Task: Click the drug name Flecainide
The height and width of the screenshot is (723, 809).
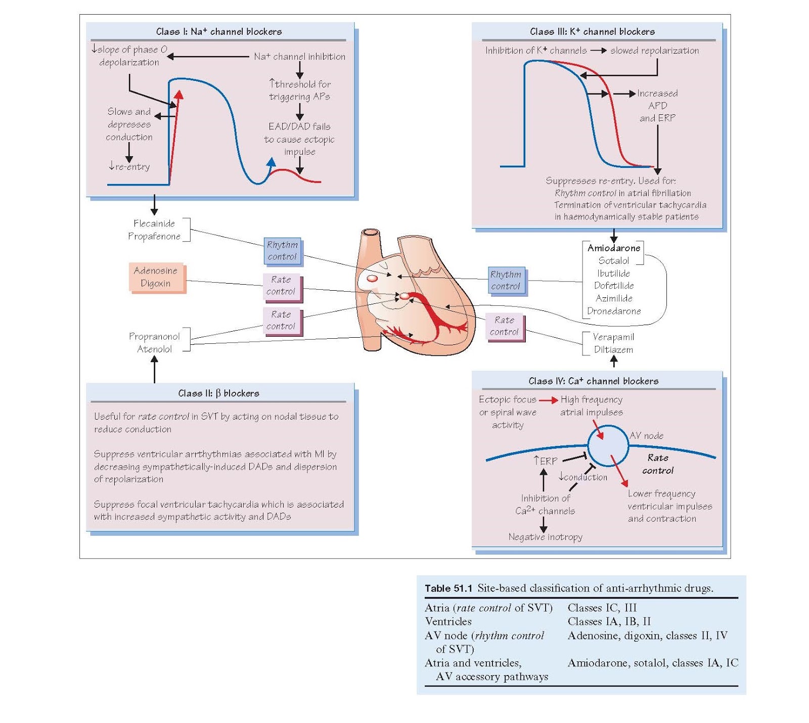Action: click(x=154, y=223)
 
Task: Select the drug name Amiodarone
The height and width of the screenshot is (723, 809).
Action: click(x=614, y=248)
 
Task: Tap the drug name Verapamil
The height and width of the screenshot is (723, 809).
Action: click(x=613, y=337)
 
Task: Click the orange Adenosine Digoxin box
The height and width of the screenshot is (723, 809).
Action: click(x=156, y=277)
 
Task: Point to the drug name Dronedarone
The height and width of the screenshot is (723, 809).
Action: click(x=614, y=311)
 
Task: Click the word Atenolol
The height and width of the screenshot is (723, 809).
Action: click(x=154, y=349)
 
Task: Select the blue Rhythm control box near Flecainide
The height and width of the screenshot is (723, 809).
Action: click(x=282, y=251)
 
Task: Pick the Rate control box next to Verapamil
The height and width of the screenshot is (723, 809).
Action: click(x=504, y=326)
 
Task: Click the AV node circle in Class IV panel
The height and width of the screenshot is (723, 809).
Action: click(x=607, y=445)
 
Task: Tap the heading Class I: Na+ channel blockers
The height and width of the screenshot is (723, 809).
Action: click(x=219, y=31)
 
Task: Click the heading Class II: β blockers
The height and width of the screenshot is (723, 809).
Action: click(x=218, y=393)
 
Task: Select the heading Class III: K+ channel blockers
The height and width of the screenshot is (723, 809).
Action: click(x=592, y=31)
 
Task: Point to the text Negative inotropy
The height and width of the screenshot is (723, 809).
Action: click(x=545, y=537)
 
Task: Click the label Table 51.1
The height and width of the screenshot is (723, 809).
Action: click(x=448, y=588)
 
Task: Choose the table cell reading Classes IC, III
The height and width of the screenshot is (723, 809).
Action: click(x=602, y=608)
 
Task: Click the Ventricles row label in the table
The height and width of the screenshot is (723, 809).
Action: click(x=448, y=621)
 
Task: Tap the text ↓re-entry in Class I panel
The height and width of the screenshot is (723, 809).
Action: click(x=129, y=166)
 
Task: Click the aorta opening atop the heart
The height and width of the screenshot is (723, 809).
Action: click(x=371, y=232)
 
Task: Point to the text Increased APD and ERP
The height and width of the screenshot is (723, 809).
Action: click(x=657, y=106)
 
